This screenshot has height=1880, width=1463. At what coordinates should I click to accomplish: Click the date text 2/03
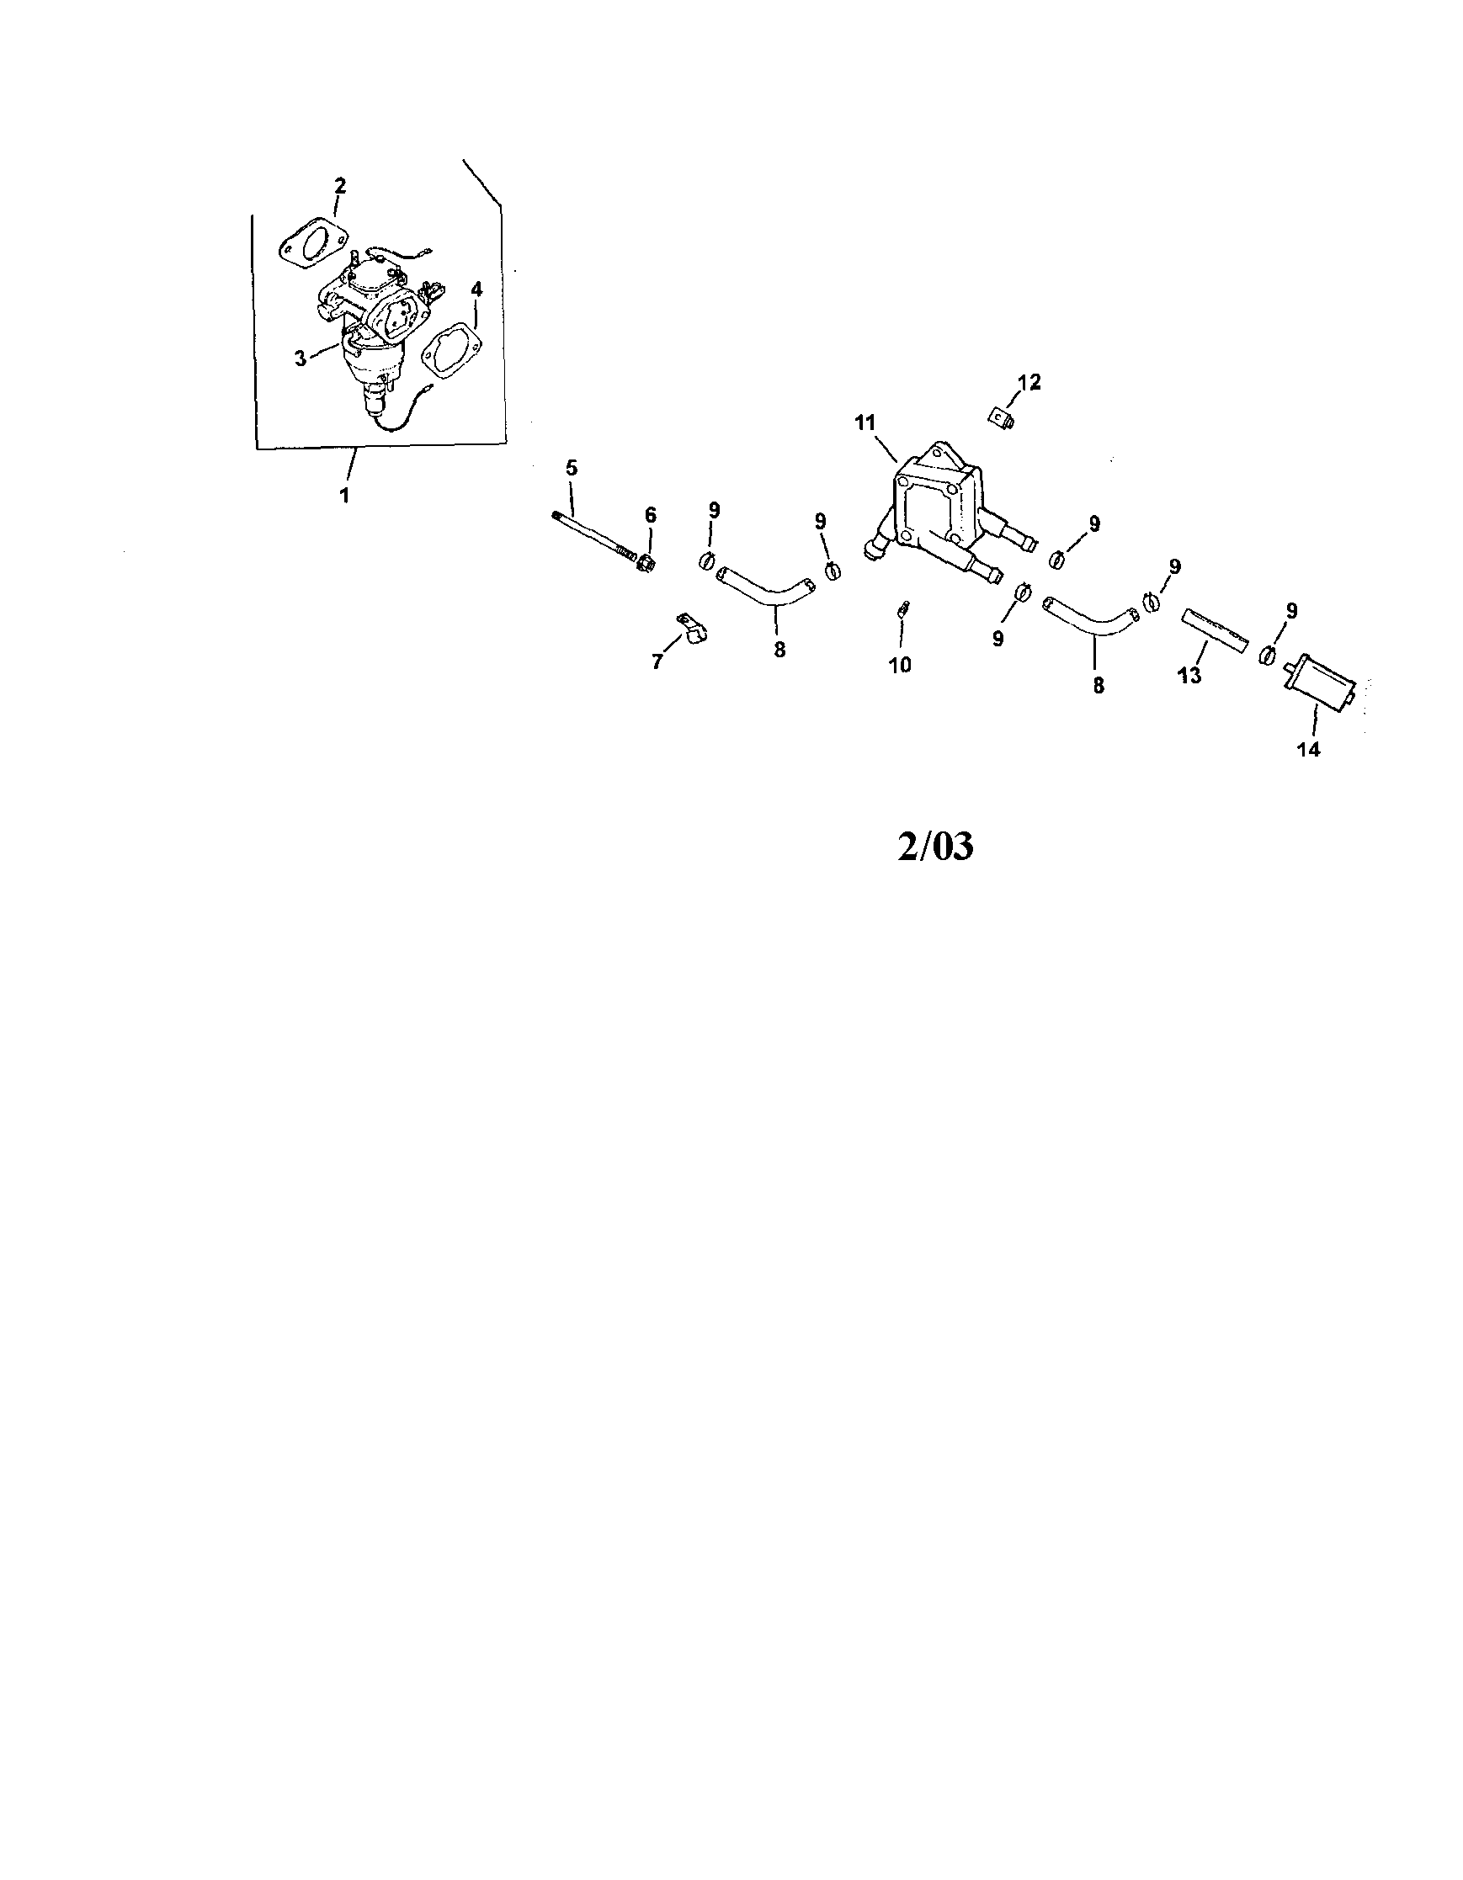pyautogui.click(x=935, y=847)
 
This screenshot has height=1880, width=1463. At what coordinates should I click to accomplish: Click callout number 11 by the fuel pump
pyautogui.click(x=865, y=422)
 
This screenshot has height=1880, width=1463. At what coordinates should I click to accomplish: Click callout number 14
pyautogui.click(x=1308, y=749)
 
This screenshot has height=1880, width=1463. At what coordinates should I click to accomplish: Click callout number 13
pyautogui.click(x=1189, y=676)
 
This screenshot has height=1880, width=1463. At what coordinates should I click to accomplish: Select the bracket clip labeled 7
pyautogui.click(x=692, y=626)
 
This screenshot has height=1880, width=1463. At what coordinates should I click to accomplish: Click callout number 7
pyautogui.click(x=658, y=662)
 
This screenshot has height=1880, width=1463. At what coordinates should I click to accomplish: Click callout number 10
pyautogui.click(x=900, y=665)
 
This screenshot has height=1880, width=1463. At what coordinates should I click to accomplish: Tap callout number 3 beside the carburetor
pyautogui.click(x=300, y=358)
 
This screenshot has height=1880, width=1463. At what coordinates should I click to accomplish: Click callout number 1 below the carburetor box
pyautogui.click(x=344, y=496)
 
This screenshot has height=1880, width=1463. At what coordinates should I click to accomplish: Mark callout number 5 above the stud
pyautogui.click(x=572, y=468)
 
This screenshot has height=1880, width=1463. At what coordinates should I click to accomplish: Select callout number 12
pyautogui.click(x=1029, y=382)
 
